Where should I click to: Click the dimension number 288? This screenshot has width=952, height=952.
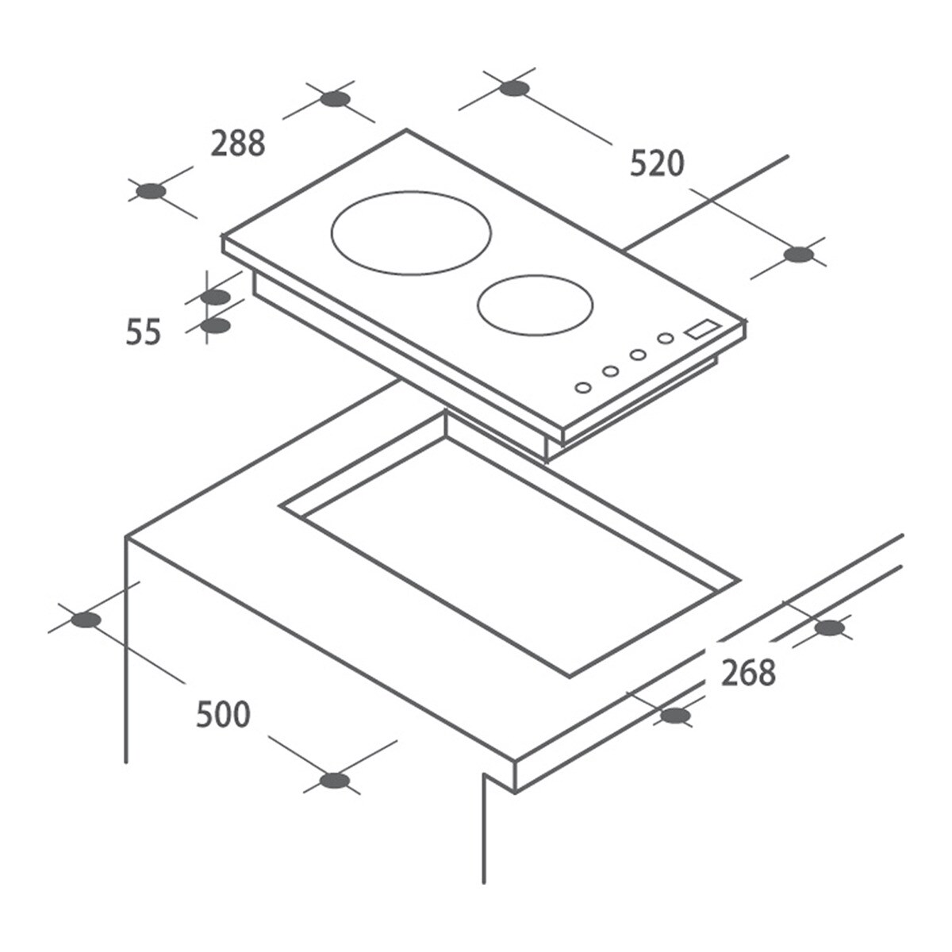[x=238, y=144]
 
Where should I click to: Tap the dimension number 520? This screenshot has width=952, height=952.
[x=657, y=163]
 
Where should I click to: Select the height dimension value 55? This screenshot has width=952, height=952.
[x=144, y=332]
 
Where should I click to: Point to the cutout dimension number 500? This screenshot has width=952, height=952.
[x=223, y=714]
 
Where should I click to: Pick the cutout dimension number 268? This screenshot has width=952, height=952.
[x=748, y=673]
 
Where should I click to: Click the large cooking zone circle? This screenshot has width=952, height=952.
[x=411, y=193]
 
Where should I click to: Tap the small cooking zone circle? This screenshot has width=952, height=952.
[x=535, y=276]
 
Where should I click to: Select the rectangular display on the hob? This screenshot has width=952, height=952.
[x=701, y=329]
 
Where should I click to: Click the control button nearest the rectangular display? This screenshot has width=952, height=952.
[x=666, y=339]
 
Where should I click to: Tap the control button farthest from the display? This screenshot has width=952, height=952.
[x=583, y=388]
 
